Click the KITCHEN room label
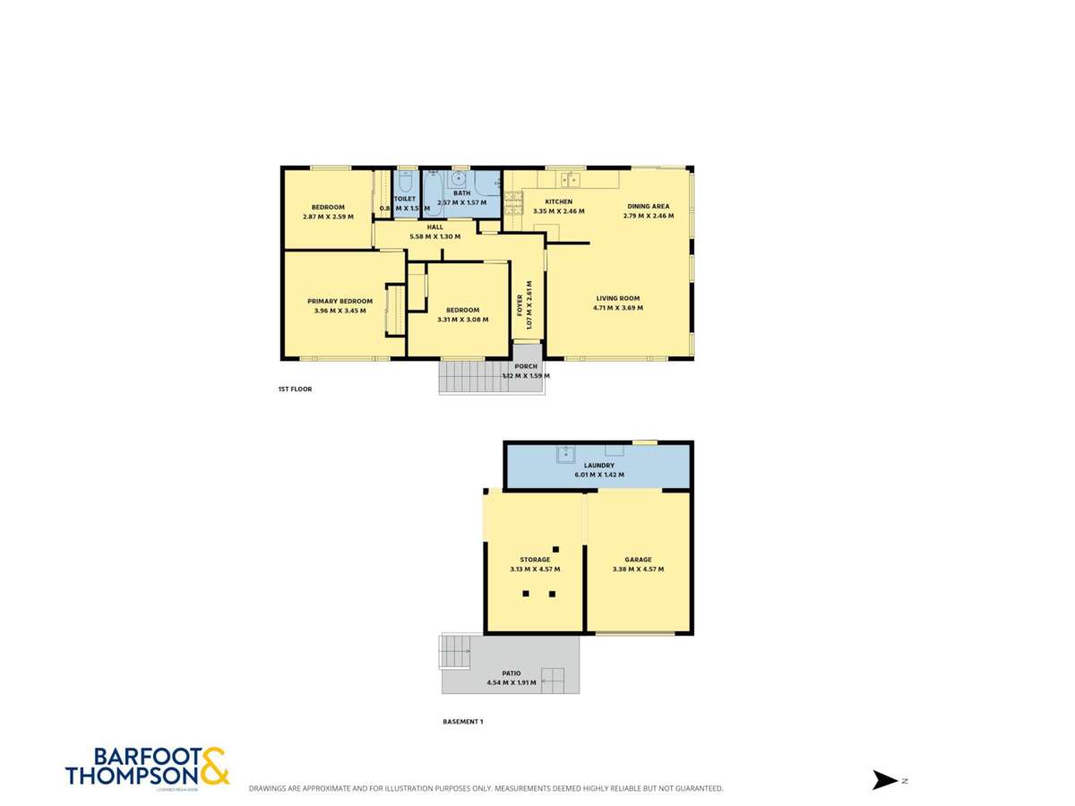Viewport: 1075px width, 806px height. coord(558,201)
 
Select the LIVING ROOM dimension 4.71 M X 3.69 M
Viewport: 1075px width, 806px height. coord(618,308)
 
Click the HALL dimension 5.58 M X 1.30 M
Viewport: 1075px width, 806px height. coord(434,236)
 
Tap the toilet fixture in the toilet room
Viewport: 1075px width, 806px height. coord(404,184)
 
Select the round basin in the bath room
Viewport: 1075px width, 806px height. coord(458,179)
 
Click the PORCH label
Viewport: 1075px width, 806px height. coord(526,365)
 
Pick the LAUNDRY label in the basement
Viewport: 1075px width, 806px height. coord(598,466)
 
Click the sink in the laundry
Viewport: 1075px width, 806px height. coord(565,454)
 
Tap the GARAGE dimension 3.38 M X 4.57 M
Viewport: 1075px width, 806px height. coord(638,570)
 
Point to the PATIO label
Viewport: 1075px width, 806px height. coord(511,673)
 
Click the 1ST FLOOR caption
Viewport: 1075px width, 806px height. coord(295,390)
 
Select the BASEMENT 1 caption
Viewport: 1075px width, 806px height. coord(463,721)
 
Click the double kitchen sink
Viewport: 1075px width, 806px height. coord(570,181)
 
